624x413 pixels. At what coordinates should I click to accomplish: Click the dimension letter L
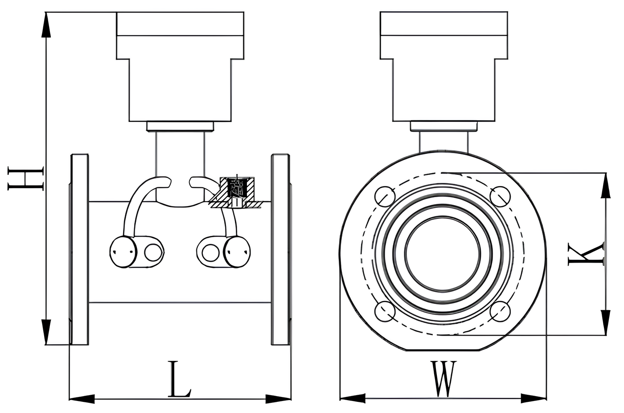click(x=179, y=380)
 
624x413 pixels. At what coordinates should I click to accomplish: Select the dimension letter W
click(x=443, y=379)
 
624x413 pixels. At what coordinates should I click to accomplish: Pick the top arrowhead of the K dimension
click(x=605, y=186)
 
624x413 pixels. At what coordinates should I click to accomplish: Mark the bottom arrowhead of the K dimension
click(x=605, y=321)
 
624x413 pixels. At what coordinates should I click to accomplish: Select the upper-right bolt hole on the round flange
click(x=500, y=196)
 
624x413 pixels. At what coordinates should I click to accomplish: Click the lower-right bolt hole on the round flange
click(x=500, y=311)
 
